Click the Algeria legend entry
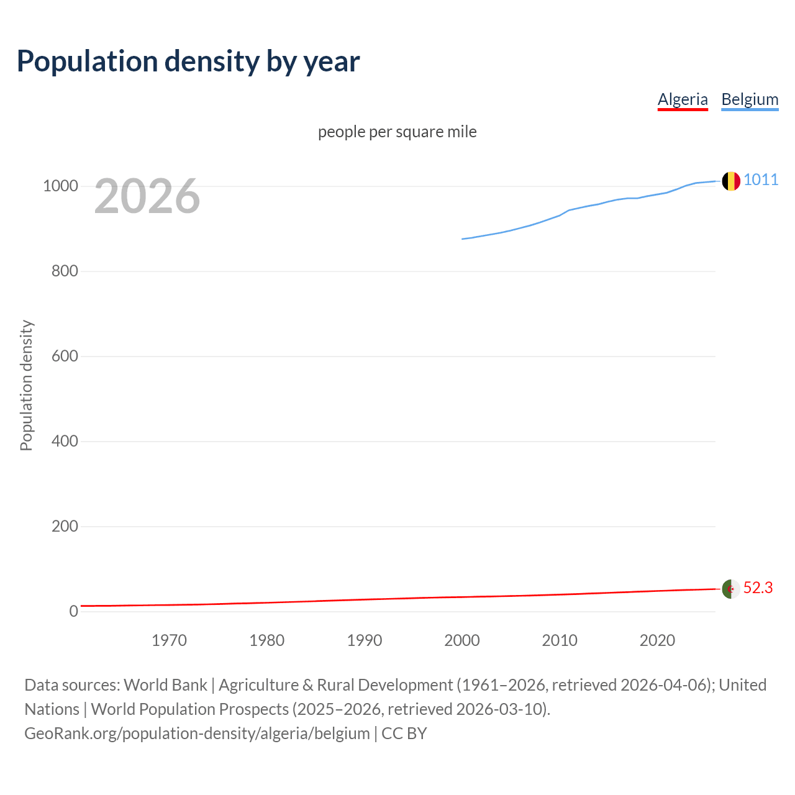coord(683,99)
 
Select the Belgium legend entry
coord(750,99)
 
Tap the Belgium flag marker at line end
coord(731,181)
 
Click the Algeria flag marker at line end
coord(731,588)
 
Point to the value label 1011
coord(761,179)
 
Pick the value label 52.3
coord(758,588)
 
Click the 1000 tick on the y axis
coord(60,186)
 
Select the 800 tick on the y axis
coord(65,271)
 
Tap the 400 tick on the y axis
coord(65,442)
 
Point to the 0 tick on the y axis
coord(74,611)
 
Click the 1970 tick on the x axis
coord(169,640)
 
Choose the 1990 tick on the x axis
coord(365,640)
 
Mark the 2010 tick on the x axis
coord(560,640)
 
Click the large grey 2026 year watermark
coord(147,196)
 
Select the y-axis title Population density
coord(26,385)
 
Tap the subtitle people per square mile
coord(397,132)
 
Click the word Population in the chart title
coord(87,61)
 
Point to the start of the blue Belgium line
coord(463,238)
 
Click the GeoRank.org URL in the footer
coord(197,733)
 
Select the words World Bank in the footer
coord(165,685)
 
